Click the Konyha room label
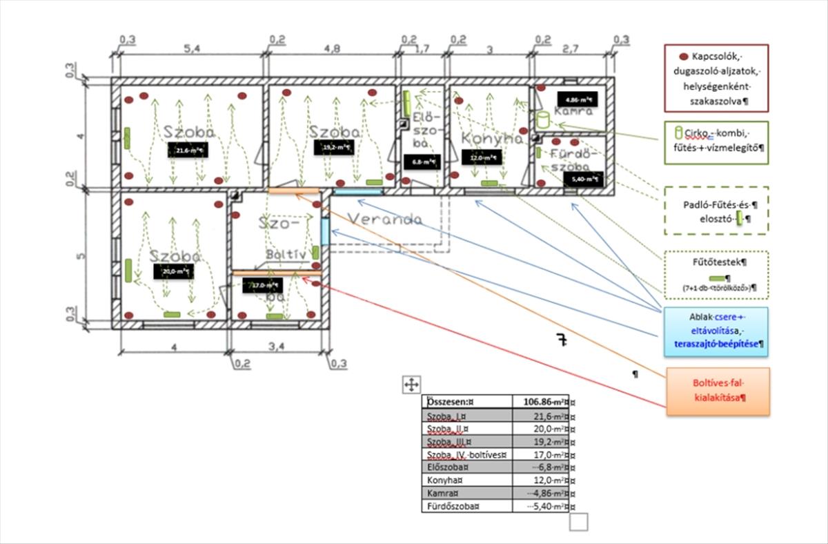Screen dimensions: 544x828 [x=493, y=138]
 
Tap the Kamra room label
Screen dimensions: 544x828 [x=573, y=111]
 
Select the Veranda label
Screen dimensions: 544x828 [x=384, y=219]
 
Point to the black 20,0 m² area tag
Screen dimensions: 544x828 [x=173, y=271]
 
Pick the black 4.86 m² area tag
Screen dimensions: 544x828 [x=571, y=98]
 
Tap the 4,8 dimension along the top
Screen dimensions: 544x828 [x=333, y=50]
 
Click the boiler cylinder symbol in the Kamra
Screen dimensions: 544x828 [x=542, y=119]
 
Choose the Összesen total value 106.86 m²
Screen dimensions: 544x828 [x=540, y=401]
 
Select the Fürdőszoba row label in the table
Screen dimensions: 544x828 [x=448, y=506]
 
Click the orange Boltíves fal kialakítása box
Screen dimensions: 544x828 [x=718, y=391]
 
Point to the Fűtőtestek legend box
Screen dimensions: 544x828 [x=715, y=274]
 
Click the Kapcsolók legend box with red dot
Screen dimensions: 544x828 [x=716, y=77]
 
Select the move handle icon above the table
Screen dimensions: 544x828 [x=411, y=385]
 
